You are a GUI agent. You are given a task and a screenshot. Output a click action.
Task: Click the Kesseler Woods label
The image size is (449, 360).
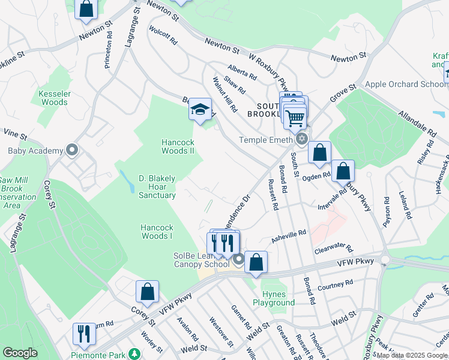[54, 98]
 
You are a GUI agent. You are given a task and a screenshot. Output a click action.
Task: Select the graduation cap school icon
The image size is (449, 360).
[200, 110]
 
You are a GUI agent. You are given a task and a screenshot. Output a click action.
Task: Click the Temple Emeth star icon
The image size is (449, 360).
[301, 139]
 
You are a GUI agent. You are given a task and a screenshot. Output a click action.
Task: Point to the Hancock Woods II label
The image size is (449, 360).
[178, 146]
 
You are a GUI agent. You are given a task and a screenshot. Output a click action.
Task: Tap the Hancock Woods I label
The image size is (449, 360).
[157, 232]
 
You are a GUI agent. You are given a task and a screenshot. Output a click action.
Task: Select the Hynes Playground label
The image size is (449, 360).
[279, 298]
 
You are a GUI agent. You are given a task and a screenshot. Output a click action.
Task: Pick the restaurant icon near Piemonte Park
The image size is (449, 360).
[84, 333]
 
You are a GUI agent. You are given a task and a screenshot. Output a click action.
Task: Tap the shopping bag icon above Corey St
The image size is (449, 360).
[147, 292]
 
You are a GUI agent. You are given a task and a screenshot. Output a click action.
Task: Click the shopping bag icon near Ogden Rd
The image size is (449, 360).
[343, 171]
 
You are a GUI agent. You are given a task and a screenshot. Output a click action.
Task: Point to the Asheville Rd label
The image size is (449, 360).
[290, 234]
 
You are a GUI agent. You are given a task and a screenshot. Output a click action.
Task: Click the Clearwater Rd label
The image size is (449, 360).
[334, 247]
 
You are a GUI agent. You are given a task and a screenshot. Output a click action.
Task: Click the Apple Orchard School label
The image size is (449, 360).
[406, 84]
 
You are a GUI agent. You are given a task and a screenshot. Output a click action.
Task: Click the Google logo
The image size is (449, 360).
[20, 353]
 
